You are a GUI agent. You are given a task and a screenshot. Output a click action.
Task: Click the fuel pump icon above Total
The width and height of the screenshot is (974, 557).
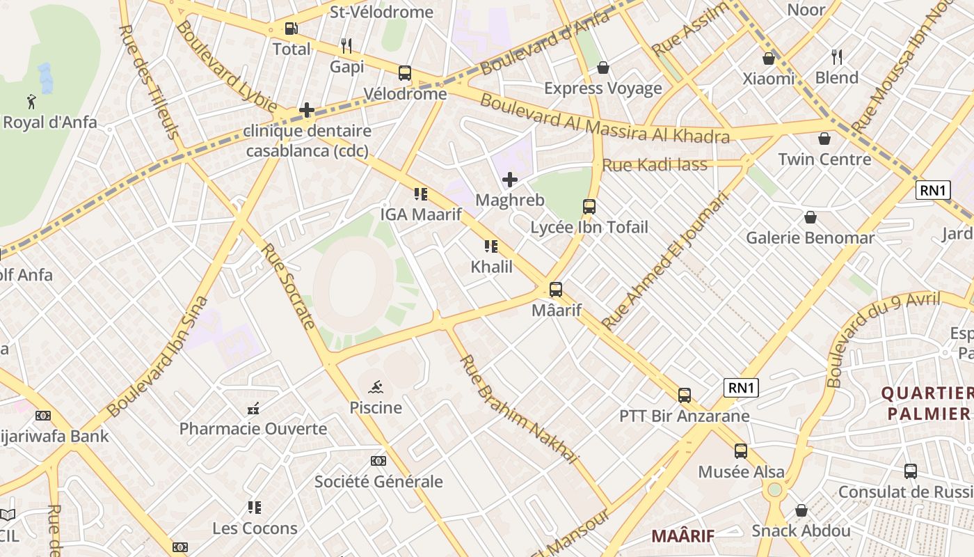coord(292,29)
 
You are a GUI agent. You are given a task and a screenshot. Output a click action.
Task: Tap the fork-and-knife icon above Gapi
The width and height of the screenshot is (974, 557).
coord(346,46)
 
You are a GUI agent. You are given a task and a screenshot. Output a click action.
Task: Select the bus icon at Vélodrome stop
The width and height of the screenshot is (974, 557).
coord(405,73)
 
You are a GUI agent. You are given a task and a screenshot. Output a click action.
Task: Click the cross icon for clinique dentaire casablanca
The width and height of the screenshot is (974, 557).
coord(307,110)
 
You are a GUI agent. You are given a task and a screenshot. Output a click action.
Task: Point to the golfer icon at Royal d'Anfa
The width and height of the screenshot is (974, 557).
coord(31,102)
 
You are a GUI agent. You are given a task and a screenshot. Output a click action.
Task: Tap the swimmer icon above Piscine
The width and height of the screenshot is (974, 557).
coord(376,386)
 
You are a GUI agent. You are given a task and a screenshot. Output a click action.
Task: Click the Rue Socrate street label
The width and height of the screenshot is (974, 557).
coord(289,285)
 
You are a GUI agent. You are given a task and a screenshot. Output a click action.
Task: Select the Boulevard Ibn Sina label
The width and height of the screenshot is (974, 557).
coord(158,356)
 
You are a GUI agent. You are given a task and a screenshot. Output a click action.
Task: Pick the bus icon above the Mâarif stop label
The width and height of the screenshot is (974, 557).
coord(556,290)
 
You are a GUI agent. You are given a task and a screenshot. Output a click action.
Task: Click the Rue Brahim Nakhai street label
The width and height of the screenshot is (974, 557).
coord(519,409)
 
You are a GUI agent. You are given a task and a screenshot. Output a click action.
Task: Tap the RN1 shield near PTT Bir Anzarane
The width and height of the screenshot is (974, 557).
coord(741,389)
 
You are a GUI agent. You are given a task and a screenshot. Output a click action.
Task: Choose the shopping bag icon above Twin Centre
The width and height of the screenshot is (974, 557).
coord(824,139)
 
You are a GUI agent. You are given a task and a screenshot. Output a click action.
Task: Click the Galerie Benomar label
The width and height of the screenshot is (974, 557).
coord(810,238)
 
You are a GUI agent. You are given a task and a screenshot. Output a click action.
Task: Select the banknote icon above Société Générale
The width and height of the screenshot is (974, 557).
coord(378,461)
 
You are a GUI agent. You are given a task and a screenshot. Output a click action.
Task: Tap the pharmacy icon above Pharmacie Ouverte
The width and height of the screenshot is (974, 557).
coord(253,409)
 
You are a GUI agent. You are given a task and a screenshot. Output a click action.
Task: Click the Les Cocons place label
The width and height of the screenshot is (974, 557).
coord(255,528)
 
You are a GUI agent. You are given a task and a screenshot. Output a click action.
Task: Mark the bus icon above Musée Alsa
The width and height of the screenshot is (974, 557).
coord(741,451)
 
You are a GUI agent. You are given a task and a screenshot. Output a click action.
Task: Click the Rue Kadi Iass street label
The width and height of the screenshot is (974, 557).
coord(654,165)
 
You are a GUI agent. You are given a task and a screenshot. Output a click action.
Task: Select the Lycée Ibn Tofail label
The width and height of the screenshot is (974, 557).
coord(589,228)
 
